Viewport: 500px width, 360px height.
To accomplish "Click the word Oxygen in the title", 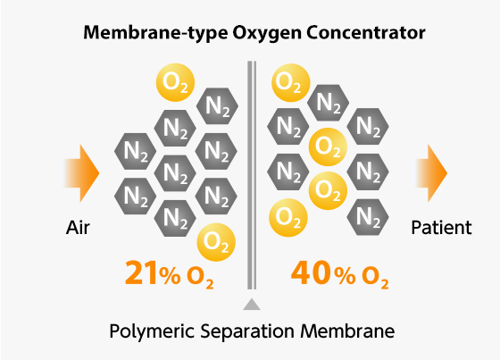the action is [x=267, y=34].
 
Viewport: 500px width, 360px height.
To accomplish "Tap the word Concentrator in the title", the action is [x=366, y=32].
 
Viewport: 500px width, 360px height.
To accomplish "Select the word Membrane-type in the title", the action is [x=155, y=34].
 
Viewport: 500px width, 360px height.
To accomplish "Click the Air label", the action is [x=78, y=228].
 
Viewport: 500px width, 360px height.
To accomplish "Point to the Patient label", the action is [x=441, y=228].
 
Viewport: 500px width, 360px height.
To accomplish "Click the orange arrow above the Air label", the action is [x=82, y=173].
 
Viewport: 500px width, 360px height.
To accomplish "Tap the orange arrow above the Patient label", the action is [x=431, y=173].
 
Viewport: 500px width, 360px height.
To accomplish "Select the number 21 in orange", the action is [x=141, y=272].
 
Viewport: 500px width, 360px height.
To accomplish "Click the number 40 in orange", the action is [x=311, y=272].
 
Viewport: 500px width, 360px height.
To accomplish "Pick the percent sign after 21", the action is [x=170, y=275].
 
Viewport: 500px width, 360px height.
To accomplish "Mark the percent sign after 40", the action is [x=345, y=275].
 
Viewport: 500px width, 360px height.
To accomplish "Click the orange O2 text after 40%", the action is [x=375, y=278].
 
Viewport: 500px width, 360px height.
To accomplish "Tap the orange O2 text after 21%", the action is [x=200, y=278].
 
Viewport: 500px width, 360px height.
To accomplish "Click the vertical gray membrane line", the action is [x=252, y=175].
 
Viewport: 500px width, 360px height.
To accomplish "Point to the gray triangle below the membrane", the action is [x=252, y=305].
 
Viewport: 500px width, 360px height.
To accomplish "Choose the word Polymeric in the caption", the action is [x=152, y=331].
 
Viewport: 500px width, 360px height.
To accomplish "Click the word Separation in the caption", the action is [x=247, y=331].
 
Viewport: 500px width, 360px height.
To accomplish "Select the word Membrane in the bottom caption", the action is [x=347, y=331].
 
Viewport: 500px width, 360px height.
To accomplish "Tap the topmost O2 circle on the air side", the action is [x=175, y=82].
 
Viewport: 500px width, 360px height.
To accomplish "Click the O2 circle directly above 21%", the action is [x=216, y=242].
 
